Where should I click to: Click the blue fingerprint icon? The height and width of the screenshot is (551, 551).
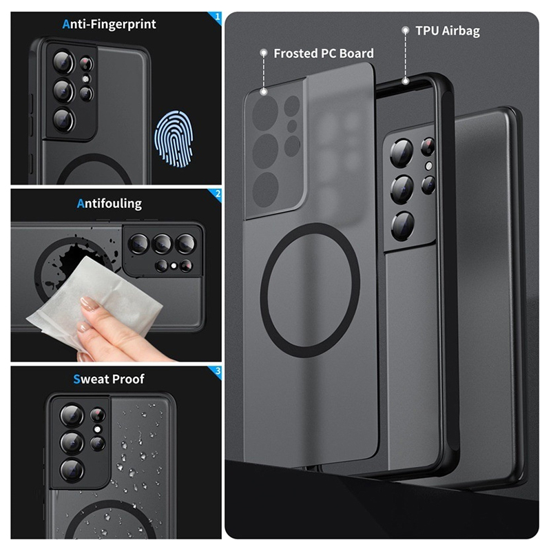coord(174,138)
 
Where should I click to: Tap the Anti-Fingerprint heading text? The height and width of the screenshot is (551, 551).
coord(109,24)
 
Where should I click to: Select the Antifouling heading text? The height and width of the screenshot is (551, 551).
coord(110,203)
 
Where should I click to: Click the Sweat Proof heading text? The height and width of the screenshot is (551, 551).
coord(109,379)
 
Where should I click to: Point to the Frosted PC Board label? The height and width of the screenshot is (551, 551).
coord(324,54)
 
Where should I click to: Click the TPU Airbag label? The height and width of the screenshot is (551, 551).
coord(447,31)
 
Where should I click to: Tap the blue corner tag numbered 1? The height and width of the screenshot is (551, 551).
coord(215,19)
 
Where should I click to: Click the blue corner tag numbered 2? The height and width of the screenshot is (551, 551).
coord(215,196)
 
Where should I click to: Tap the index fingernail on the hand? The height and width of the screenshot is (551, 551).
coord(89,303)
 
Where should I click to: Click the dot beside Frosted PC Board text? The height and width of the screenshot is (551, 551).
coord(263,53)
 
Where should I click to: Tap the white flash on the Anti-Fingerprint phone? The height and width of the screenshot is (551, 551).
coord(85,79)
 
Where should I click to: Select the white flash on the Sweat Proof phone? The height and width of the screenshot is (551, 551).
coord(97,429)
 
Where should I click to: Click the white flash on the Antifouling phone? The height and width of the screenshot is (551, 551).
coord(174,266)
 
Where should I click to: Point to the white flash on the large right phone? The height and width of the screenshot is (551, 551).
coord(428,166)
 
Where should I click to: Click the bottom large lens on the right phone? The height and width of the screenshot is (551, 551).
coord(403,226)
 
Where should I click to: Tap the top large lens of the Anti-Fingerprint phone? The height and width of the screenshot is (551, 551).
coord(63,62)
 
